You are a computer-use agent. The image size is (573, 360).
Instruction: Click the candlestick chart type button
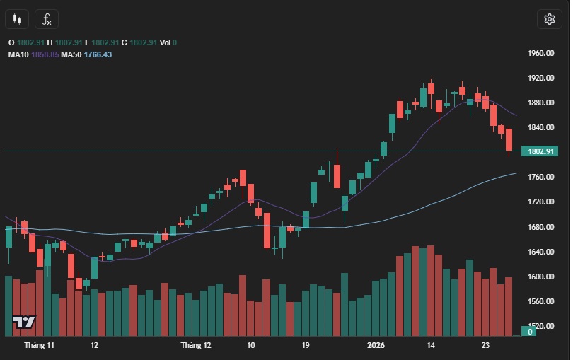[x=18, y=19]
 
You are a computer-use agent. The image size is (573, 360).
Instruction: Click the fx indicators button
[x=47, y=19]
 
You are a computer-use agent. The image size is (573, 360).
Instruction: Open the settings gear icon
[x=549, y=19]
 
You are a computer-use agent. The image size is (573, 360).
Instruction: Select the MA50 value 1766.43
[x=98, y=54]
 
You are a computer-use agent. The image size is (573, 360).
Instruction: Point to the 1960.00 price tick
[x=540, y=54]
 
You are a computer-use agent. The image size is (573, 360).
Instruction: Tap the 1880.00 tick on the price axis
[x=540, y=103]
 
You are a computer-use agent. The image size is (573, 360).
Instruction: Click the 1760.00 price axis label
[x=540, y=177]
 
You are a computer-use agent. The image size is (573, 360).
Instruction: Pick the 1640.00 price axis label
[x=540, y=252]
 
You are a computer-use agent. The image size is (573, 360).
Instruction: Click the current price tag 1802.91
[x=539, y=151]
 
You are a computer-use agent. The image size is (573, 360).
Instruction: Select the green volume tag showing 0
[x=529, y=331]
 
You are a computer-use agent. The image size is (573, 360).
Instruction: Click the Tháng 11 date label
[x=39, y=346]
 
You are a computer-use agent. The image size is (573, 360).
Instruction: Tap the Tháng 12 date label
[x=196, y=346]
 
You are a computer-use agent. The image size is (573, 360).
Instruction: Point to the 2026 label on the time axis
[x=376, y=346]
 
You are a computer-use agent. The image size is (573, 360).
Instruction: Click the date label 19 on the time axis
[x=305, y=346]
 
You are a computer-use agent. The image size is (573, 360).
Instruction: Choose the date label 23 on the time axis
[x=485, y=346]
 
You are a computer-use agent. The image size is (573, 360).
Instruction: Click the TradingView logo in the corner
[x=24, y=323]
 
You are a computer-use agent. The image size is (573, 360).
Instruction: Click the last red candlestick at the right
[x=509, y=139]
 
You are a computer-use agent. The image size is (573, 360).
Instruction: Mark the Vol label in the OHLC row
[x=165, y=42]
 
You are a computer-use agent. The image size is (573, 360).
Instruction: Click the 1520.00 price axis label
[x=540, y=327]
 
